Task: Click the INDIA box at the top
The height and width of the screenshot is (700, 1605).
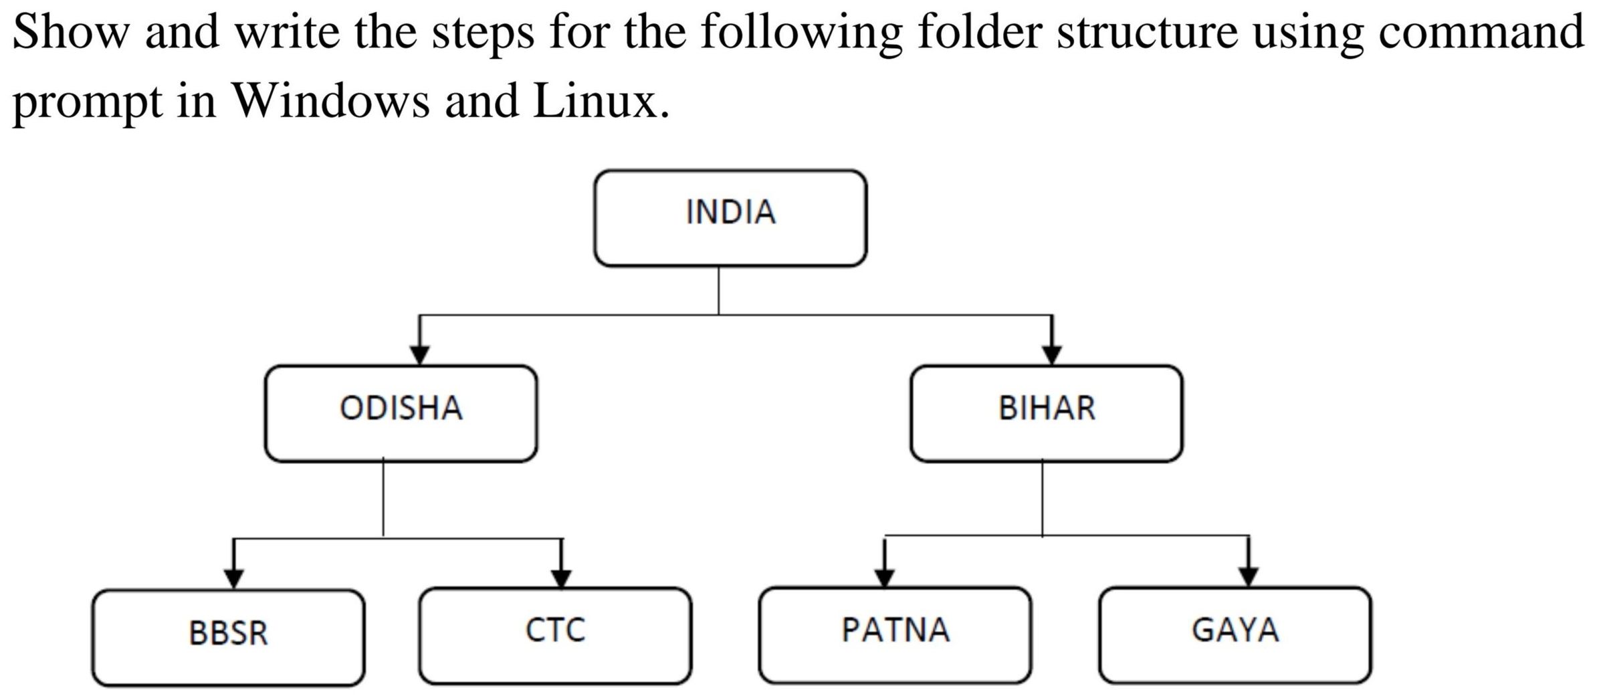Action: click(x=730, y=218)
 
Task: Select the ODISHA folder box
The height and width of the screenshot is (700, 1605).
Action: click(x=401, y=413)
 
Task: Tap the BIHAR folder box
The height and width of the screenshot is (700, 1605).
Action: click(x=1046, y=413)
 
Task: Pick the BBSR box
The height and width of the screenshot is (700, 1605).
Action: click(x=228, y=638)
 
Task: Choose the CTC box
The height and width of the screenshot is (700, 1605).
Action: click(x=555, y=635)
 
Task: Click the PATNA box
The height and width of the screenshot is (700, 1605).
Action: click(x=895, y=635)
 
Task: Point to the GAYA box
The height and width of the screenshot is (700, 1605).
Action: click(x=1235, y=635)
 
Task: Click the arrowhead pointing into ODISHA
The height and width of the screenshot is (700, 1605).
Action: click(x=419, y=355)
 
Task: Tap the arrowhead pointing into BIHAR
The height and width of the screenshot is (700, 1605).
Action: click(x=1052, y=355)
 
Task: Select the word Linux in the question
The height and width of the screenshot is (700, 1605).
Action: click(x=600, y=101)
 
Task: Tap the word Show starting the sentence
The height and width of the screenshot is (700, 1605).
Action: click(x=70, y=31)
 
